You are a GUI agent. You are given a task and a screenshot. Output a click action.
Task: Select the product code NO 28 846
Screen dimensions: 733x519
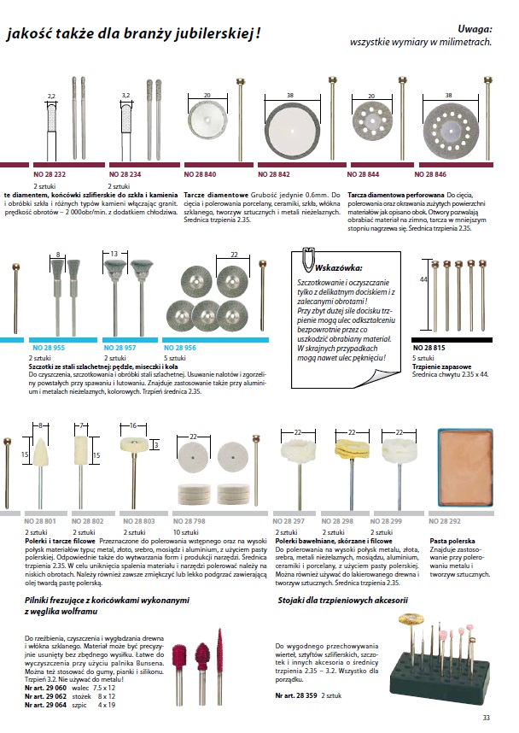point(453,173)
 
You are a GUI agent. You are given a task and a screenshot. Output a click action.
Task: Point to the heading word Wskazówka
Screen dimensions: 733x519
point(340,267)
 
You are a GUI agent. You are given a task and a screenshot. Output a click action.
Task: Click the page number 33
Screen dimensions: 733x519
point(486,717)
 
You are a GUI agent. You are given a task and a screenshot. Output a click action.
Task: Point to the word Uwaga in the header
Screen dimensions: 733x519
point(475,28)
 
